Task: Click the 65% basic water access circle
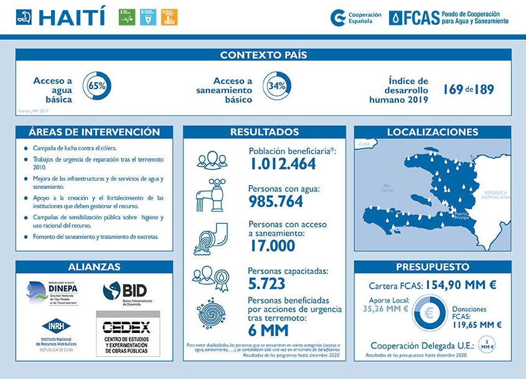pyautogui.click(x=96, y=86)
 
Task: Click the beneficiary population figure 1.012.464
pyautogui.click(x=283, y=165)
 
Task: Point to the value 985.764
pyautogui.click(x=276, y=201)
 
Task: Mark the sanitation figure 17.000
pyautogui.click(x=272, y=246)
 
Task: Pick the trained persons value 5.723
pyautogui.click(x=266, y=284)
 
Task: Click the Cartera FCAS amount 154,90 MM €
pyautogui.click(x=461, y=285)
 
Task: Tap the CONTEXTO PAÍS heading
pyautogui.click(x=263, y=55)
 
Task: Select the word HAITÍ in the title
pyautogui.click(x=72, y=17)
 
